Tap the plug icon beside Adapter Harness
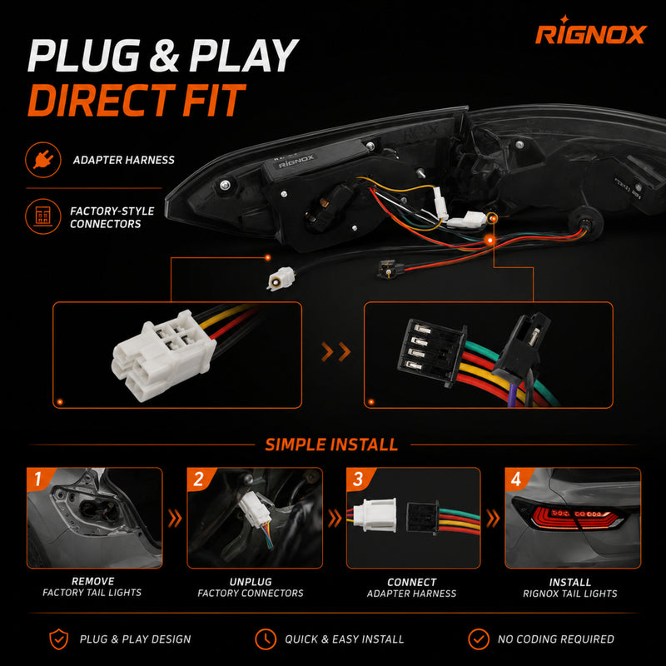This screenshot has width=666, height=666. point(43,160)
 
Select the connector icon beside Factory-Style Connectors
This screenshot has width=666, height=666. point(43,216)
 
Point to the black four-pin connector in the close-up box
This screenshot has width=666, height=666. point(431,352)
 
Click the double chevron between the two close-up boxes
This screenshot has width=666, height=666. point(336,352)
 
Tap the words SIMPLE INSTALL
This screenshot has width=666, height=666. point(331,445)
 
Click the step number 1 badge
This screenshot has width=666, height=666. point(38,479)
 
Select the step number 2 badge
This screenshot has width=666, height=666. point(198,480)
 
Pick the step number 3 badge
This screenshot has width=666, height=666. point(358,480)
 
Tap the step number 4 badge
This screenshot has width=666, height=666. point(516,480)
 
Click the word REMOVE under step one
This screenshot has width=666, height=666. point(92,581)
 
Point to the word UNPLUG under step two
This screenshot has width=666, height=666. point(251,581)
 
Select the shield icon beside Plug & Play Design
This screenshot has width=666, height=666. point(58,639)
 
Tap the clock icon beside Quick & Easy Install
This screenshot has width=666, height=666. point(266,639)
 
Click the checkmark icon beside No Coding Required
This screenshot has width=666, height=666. point(479,639)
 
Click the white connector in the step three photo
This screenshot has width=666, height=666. point(375,514)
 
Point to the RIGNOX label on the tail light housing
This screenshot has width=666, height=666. point(296,162)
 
